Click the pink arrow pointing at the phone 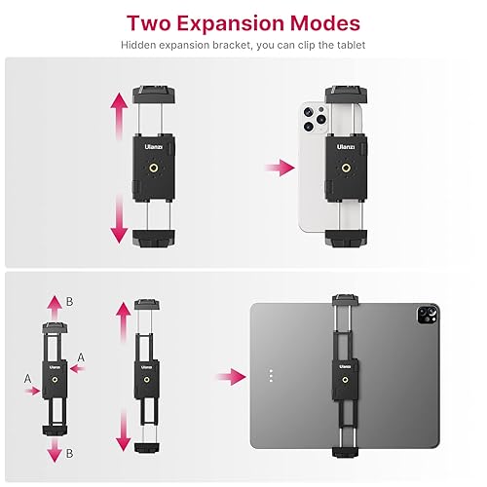point(281,169)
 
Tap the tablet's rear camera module point(426,316)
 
